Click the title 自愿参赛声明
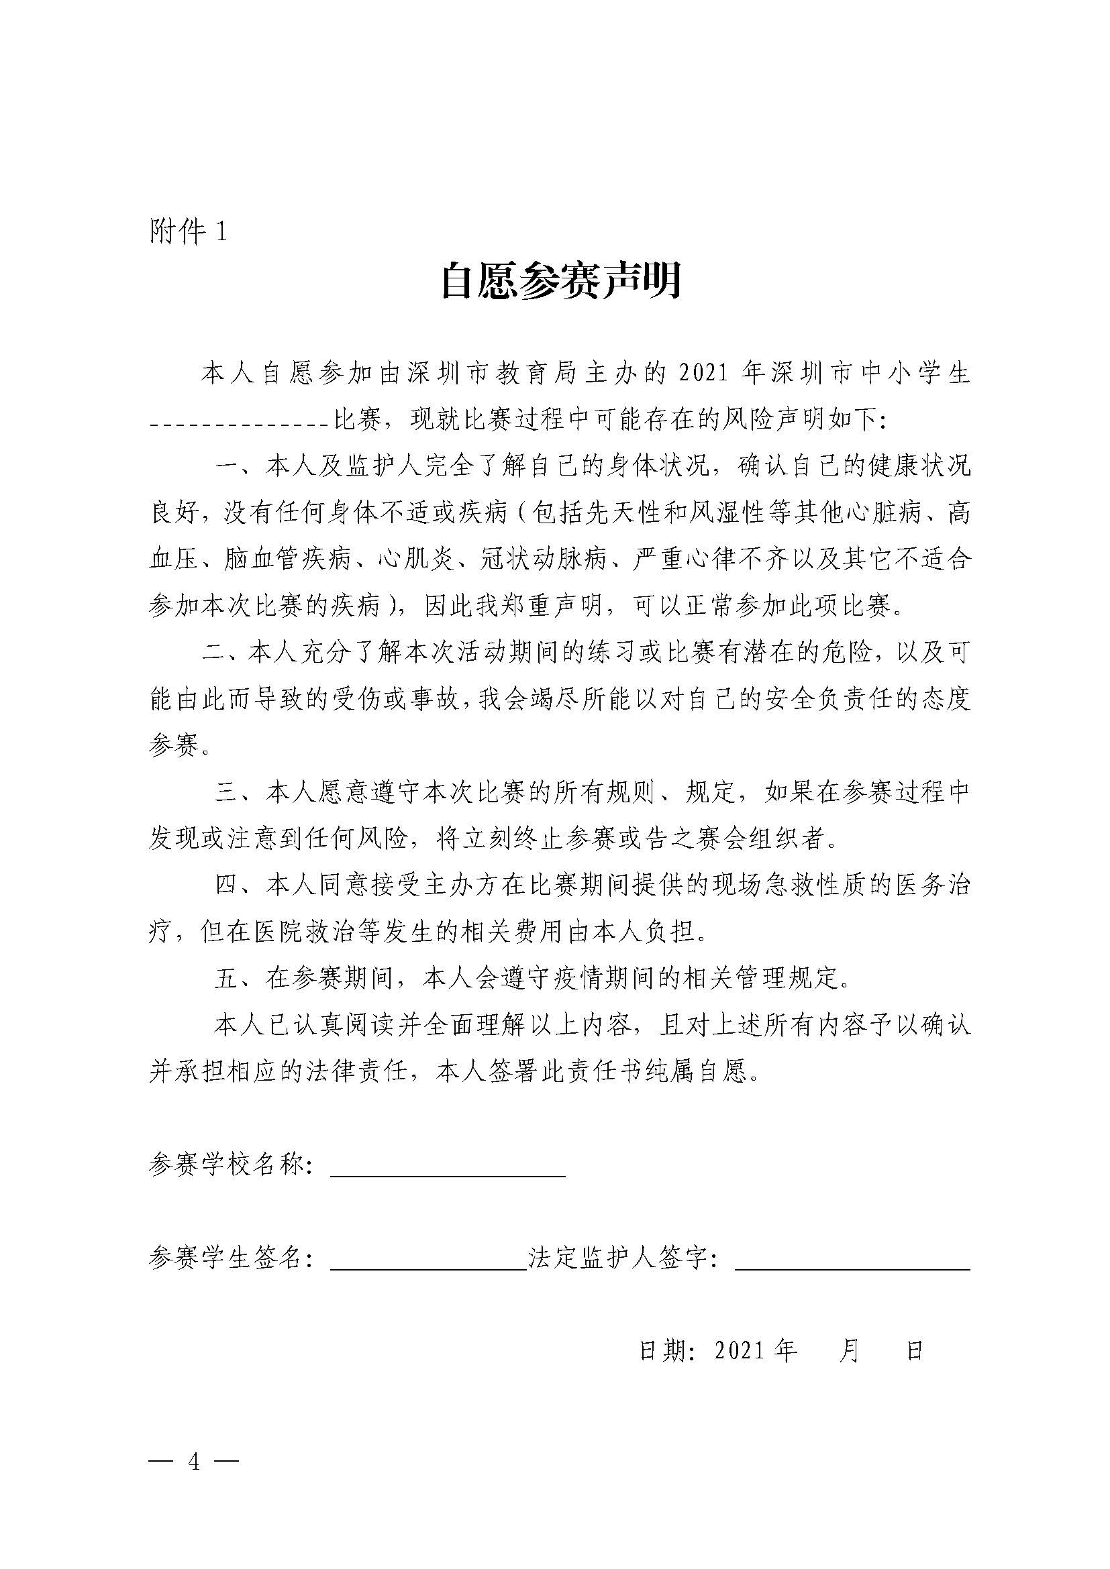pos(560,280)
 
